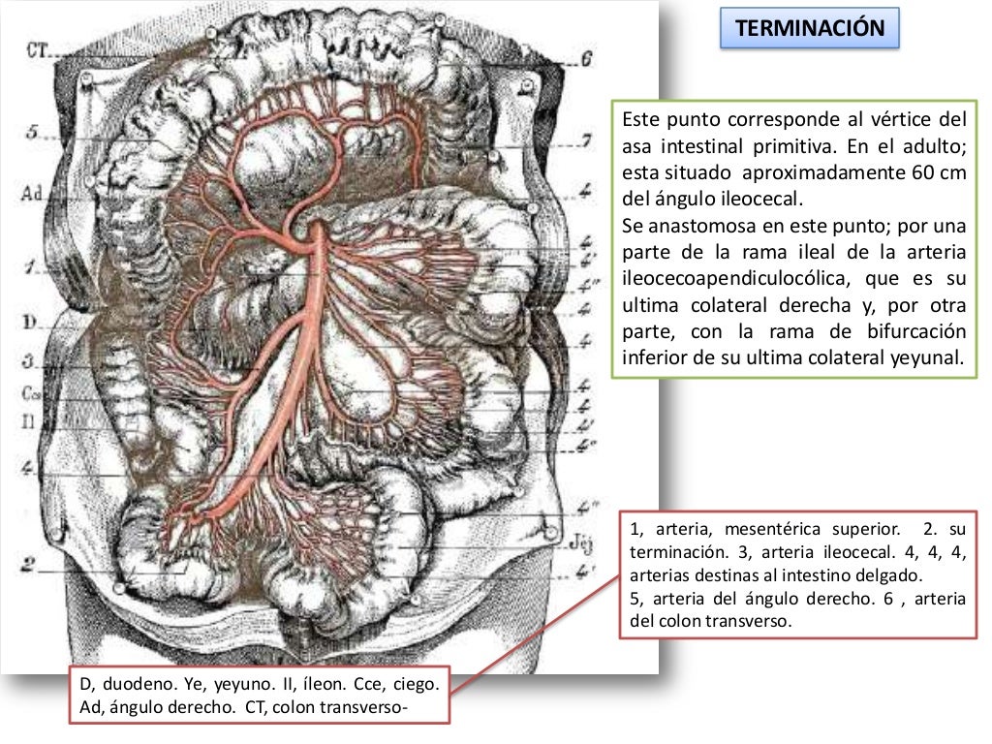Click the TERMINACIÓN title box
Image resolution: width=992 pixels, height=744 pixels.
point(810,28)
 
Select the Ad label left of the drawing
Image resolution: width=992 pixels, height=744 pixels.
point(31,194)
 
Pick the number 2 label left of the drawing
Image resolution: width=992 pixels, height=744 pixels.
point(28,563)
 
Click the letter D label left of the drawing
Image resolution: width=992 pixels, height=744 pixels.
point(29,321)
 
